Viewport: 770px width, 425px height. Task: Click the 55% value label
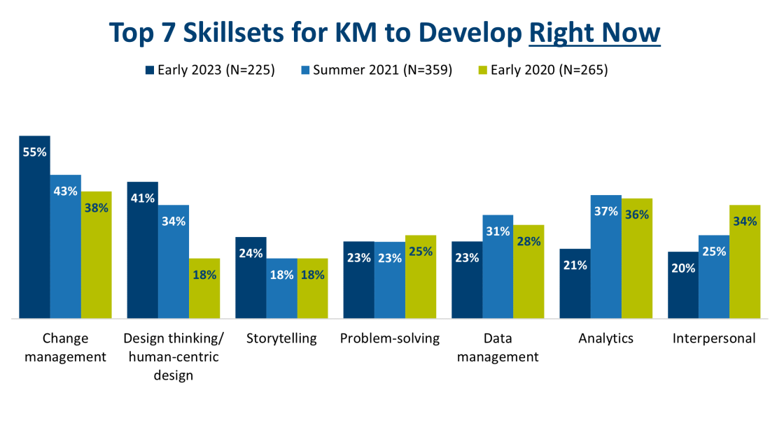[x=34, y=152]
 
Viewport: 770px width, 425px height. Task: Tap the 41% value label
[x=142, y=198]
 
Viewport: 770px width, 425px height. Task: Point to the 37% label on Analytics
[x=605, y=211]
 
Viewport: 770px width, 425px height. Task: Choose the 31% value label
[x=498, y=231]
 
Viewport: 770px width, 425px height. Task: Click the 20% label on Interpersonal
[x=683, y=268]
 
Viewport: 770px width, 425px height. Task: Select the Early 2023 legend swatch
[x=149, y=70]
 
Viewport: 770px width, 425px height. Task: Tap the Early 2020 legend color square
[x=482, y=70]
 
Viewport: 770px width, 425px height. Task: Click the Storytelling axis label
[x=281, y=338]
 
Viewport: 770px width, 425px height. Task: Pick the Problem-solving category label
[x=389, y=338]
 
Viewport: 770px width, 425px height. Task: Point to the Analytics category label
[x=605, y=338]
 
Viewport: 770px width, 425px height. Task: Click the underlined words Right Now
[x=594, y=32]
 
